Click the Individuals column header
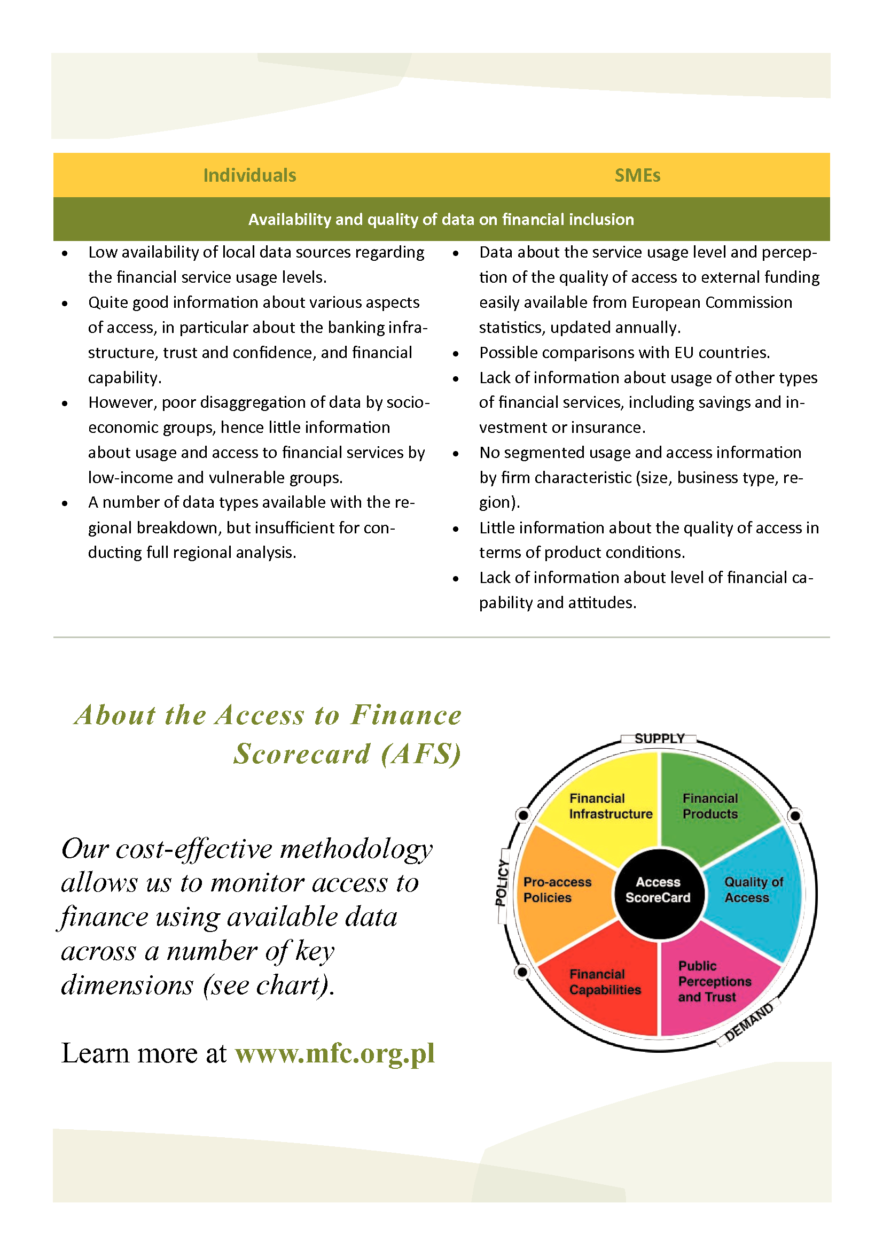tap(249, 175)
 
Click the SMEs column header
tap(637, 175)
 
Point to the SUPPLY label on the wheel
tap(659, 738)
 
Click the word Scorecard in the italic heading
tap(302, 754)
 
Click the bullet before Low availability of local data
tap(65, 253)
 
